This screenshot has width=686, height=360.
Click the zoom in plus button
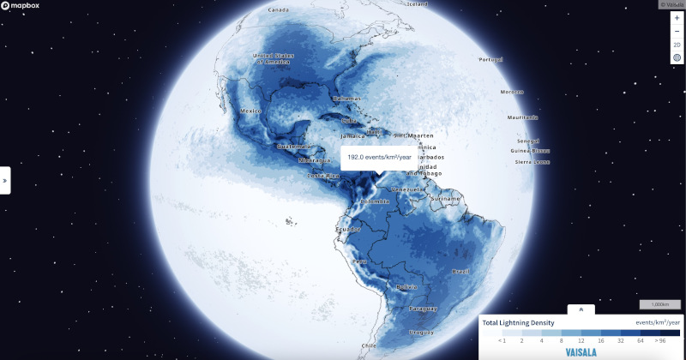click(677, 18)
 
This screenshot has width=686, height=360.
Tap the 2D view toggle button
click(677, 45)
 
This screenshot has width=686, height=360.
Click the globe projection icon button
click(677, 57)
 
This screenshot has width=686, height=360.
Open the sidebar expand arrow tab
click(5, 181)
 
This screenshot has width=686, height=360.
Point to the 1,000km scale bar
click(659, 305)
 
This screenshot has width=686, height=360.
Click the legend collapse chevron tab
click(581, 309)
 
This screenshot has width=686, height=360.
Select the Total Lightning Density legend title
click(519, 322)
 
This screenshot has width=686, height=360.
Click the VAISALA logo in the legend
click(581, 351)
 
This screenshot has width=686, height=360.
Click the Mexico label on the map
click(250, 111)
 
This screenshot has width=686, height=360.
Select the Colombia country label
click(375, 201)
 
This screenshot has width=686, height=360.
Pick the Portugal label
click(490, 59)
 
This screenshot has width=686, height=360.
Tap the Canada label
click(278, 9)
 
